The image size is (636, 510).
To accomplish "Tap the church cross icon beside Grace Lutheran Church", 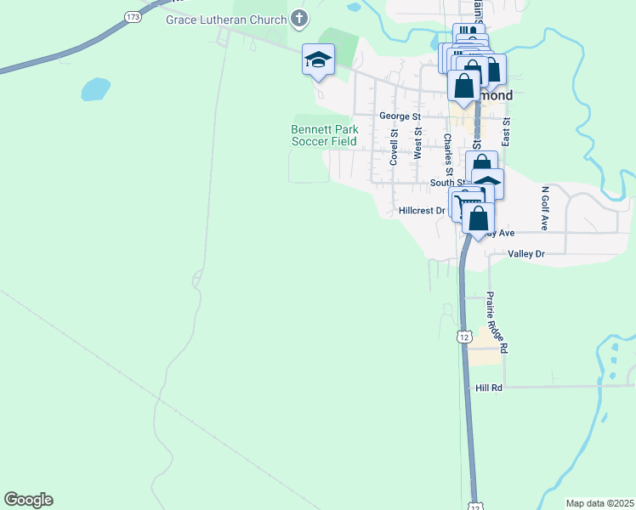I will pos(298,17).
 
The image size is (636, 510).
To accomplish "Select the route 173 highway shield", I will pos(132,16).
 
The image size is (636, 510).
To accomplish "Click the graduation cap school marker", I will pos(318,59).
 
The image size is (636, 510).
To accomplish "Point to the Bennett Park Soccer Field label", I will pos(324,135).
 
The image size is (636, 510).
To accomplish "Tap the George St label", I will pos(400,116).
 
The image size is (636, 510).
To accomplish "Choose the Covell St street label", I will pos(394,147).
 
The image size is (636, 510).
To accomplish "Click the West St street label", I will pos(417,144).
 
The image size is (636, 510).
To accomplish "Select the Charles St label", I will pos(447,150).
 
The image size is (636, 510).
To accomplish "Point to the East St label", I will pos(506,130).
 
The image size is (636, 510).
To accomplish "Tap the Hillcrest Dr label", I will pos(422,210).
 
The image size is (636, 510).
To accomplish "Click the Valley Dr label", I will pos(525,254).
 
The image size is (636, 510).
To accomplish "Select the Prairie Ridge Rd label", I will pos(497,322).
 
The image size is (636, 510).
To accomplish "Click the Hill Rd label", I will pos(490,388).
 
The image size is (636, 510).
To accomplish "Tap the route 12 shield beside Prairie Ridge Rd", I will pos(463,337).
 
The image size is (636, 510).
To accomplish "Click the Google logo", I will pos(28,500).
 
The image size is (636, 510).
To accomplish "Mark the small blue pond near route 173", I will pos(96,88).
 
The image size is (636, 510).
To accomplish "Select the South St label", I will pos(446,182).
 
